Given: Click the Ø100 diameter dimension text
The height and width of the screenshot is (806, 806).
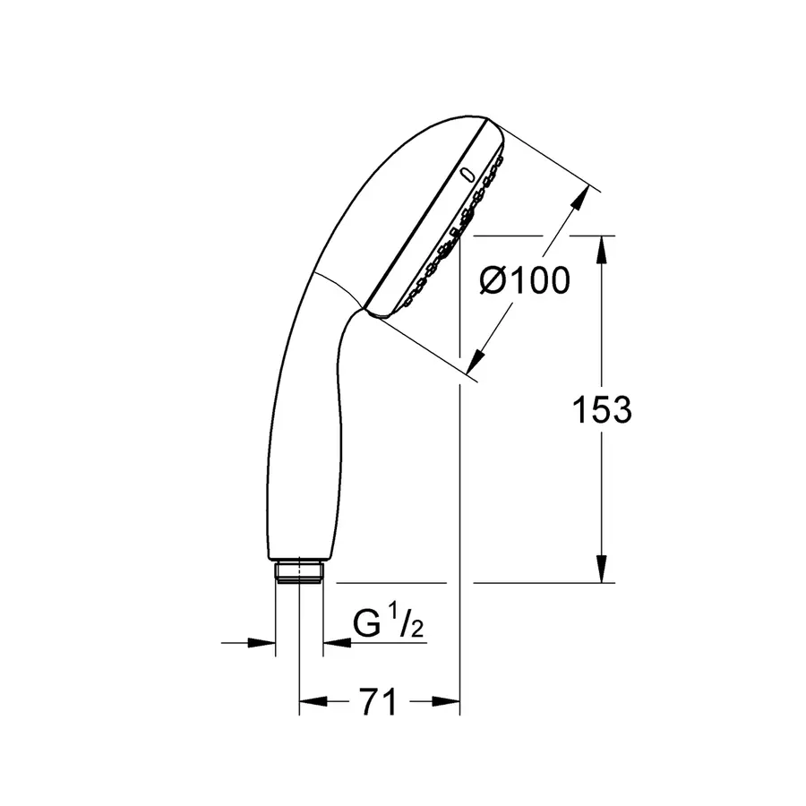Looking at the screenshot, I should pos(524,281).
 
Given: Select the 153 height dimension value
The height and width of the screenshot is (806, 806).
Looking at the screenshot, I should pos(602,409).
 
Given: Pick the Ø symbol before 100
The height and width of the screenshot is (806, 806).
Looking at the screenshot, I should pos(494,281).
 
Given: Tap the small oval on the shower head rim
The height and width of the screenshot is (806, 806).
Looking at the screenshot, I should pos(465,174).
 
